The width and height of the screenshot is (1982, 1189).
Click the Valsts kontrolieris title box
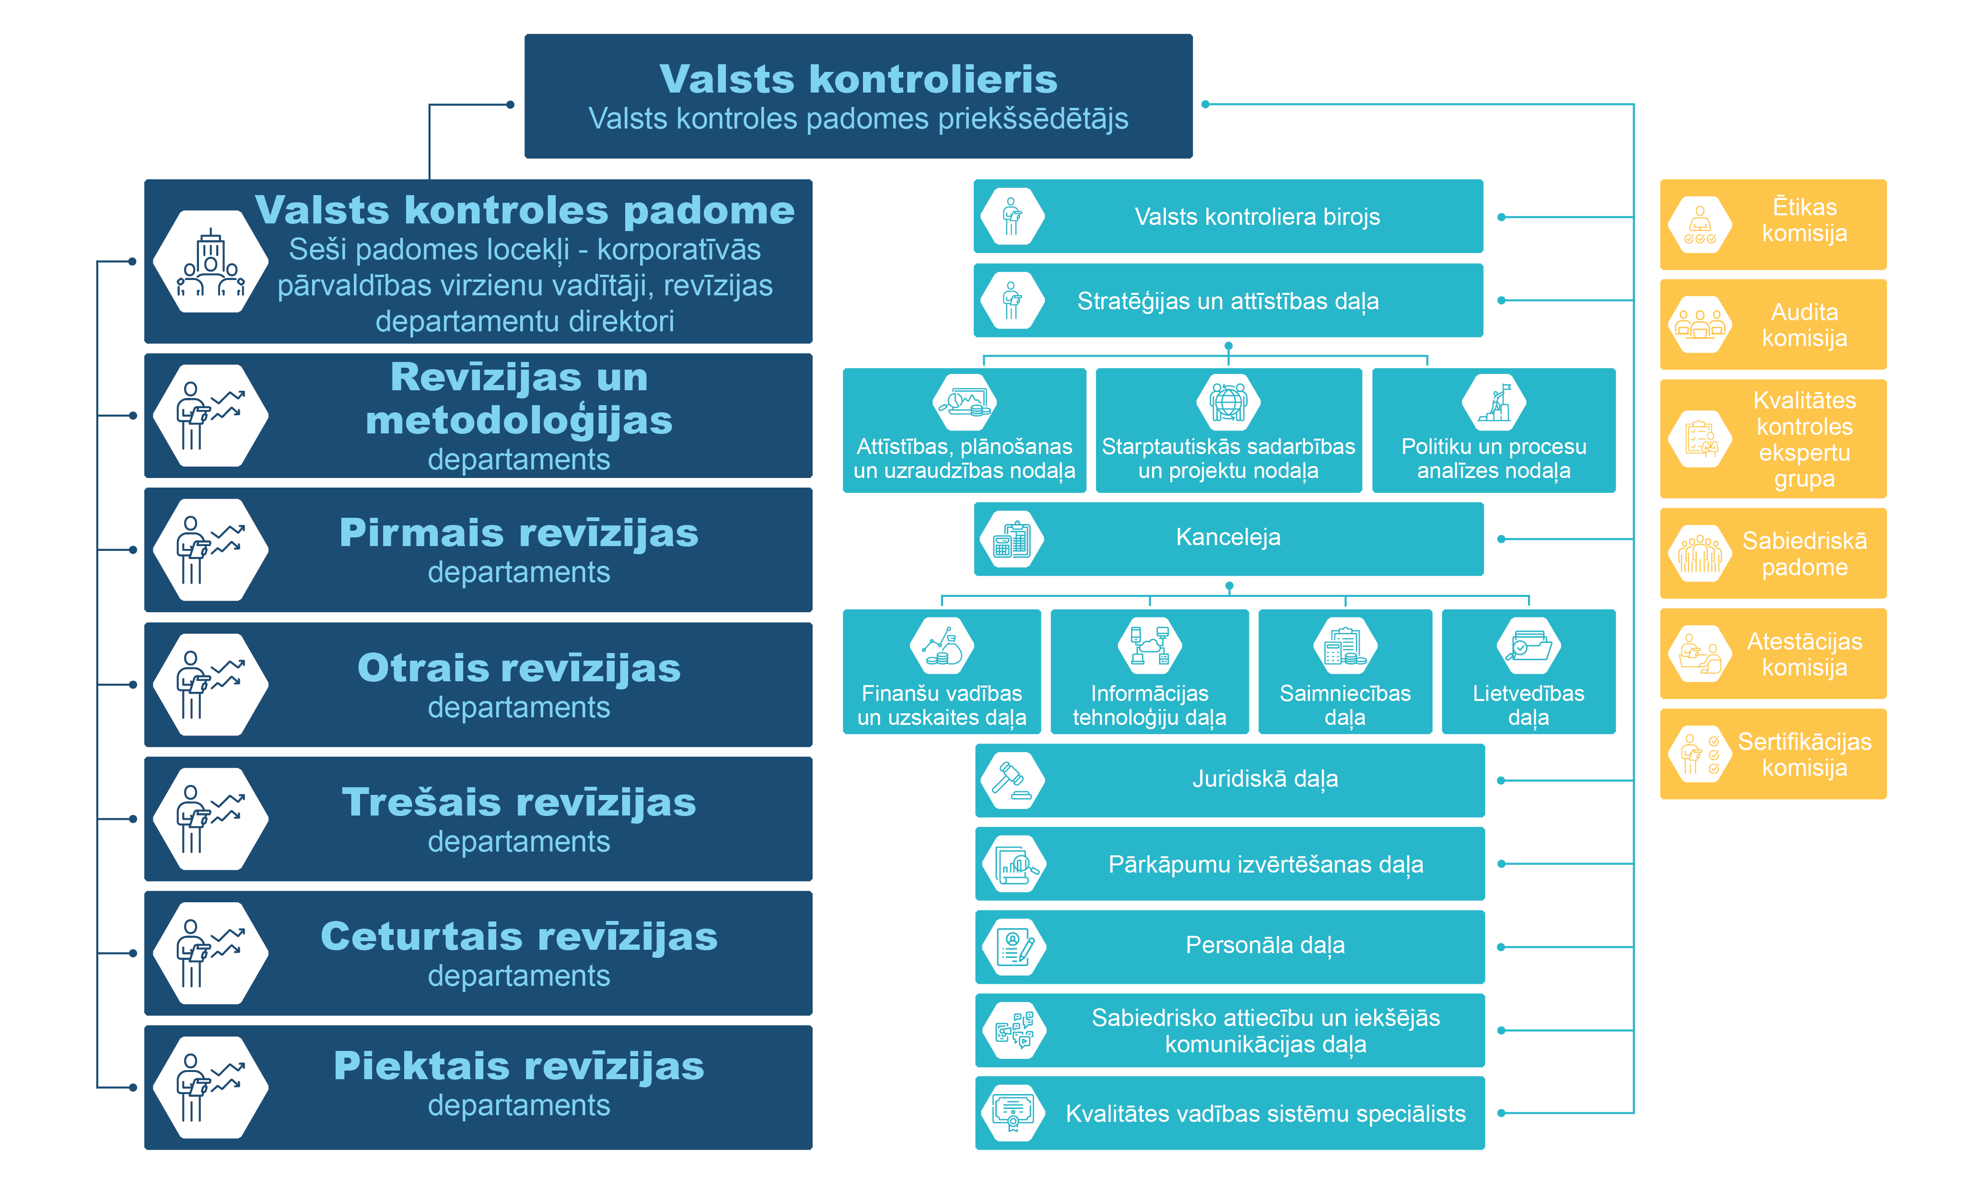point(858,96)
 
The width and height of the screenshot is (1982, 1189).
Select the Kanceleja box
point(1228,538)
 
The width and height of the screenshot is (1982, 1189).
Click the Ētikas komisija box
point(1773,224)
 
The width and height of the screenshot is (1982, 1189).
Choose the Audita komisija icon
point(1700,325)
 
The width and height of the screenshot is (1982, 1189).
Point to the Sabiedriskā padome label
point(1804,554)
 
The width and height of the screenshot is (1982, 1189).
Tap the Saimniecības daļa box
point(1345,671)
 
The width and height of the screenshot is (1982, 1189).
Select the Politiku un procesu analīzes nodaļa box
point(1493,430)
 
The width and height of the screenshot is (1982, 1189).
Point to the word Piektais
point(432,1066)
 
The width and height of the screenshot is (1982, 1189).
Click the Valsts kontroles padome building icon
point(210,261)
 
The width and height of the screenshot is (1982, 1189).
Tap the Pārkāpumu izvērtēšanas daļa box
point(1230,864)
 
